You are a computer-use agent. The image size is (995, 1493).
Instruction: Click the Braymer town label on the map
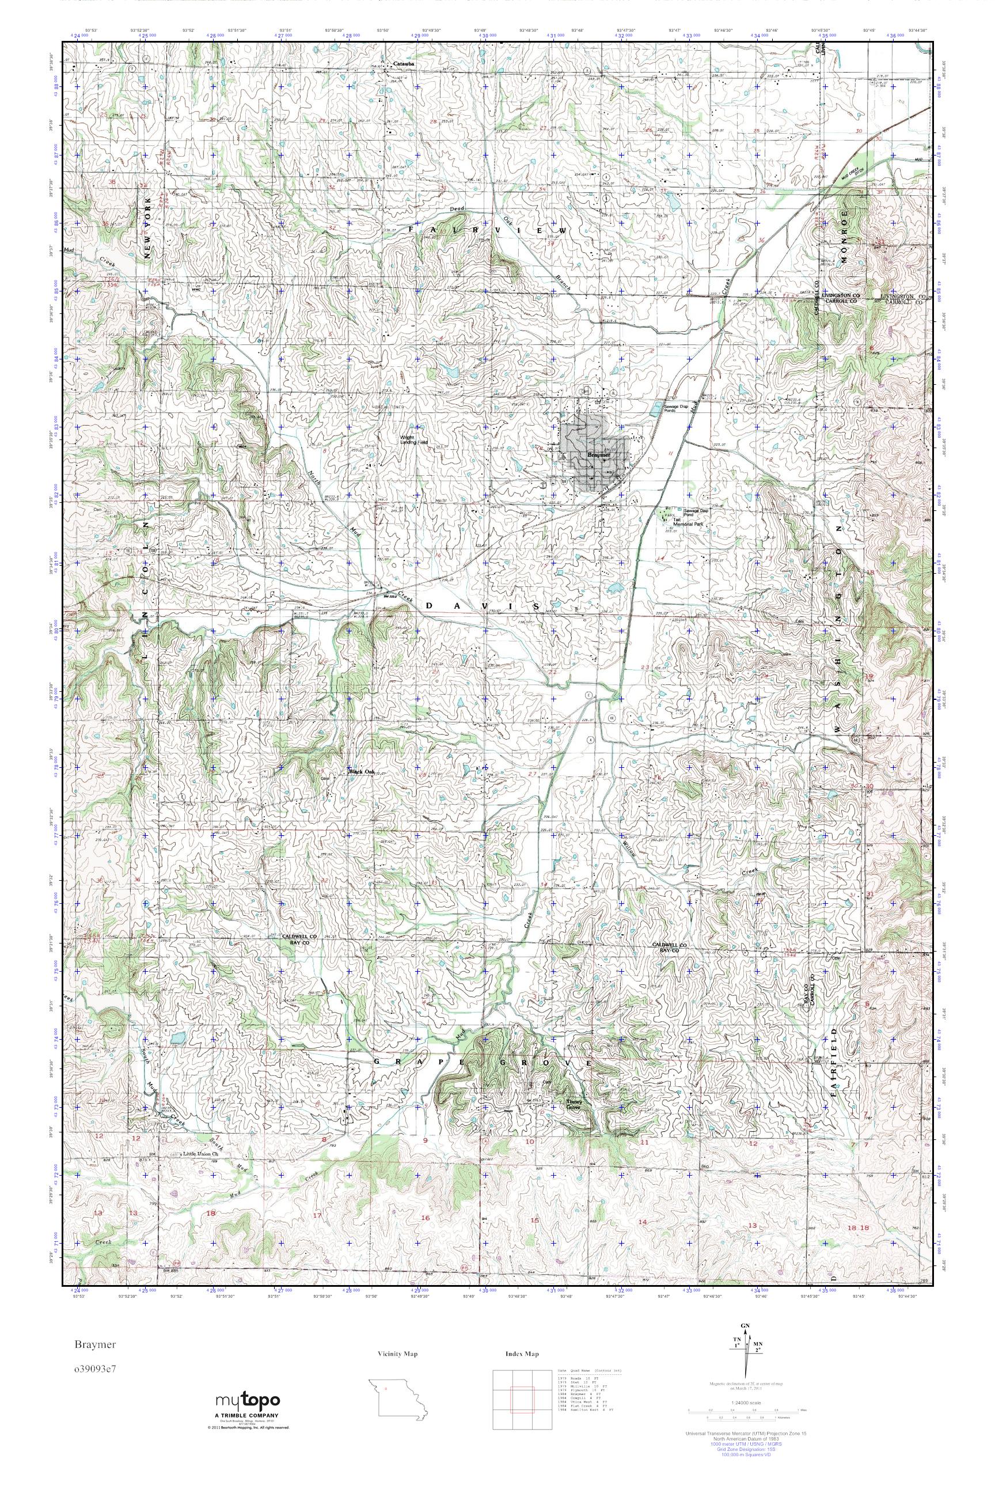click(598, 455)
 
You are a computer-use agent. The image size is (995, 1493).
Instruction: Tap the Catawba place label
click(404, 64)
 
